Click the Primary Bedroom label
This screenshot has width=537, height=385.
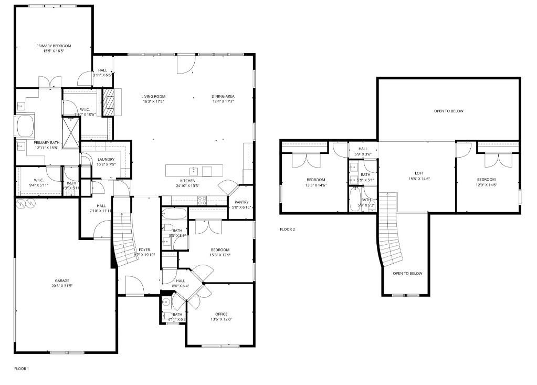(x=54, y=46)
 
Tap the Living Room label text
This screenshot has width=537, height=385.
(x=153, y=96)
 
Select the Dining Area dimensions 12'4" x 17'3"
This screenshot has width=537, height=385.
(x=223, y=101)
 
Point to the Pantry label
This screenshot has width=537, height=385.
(x=241, y=202)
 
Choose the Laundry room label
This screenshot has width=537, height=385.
(x=106, y=160)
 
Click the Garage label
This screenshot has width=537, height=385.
(x=62, y=280)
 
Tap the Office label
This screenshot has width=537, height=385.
(x=221, y=314)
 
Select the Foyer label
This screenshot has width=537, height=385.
(x=144, y=249)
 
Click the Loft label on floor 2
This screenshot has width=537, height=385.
(x=419, y=173)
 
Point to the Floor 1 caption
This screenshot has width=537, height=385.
(x=22, y=369)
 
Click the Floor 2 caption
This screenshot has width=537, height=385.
(x=287, y=230)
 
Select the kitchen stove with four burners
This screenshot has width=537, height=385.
(x=202, y=200)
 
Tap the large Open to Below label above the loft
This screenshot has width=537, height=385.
(x=449, y=111)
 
